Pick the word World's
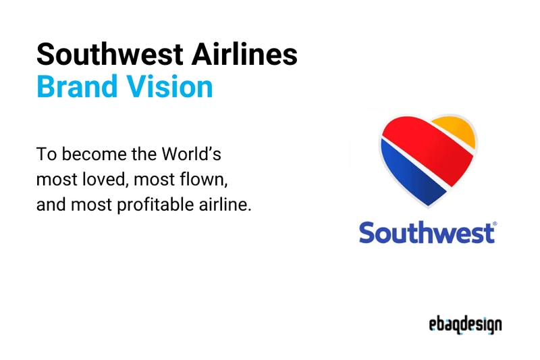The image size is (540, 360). coord(191,155)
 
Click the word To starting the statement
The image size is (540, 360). coord(45,155)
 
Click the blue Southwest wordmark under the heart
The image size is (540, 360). coord(426,232)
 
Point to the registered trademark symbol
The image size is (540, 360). coord(495,224)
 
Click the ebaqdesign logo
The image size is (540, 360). coord(465,325)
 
